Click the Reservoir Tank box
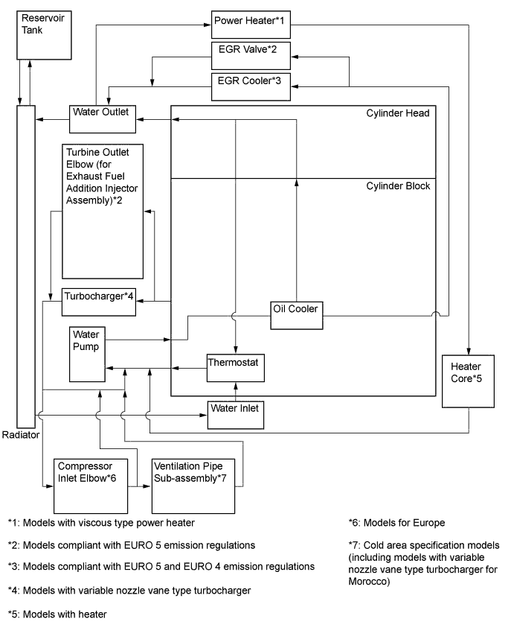(44, 34)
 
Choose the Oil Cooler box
(295, 316)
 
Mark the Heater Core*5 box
(469, 379)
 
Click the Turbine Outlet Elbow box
(102, 210)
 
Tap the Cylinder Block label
(398, 186)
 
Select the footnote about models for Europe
(396, 523)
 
